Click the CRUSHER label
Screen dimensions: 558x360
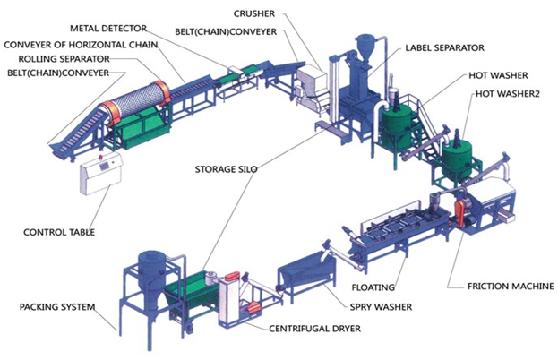[254, 13]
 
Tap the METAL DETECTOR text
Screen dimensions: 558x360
[108, 29]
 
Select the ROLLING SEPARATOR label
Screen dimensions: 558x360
[64, 59]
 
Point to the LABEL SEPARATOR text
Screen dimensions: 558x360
[445, 47]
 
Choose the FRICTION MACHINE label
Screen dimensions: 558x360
[511, 286]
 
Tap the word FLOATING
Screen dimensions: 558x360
[373, 287]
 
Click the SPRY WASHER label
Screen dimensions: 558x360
[381, 306]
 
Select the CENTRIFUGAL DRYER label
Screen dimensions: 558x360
[314, 329]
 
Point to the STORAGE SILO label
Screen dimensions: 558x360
[226, 169]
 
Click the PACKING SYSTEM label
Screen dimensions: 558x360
[57, 306]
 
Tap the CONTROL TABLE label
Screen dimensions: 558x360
[59, 232]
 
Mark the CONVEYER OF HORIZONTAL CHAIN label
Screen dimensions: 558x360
[81, 45]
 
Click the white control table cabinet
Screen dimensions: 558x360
[101, 174]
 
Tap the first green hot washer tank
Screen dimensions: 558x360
[397, 125]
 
